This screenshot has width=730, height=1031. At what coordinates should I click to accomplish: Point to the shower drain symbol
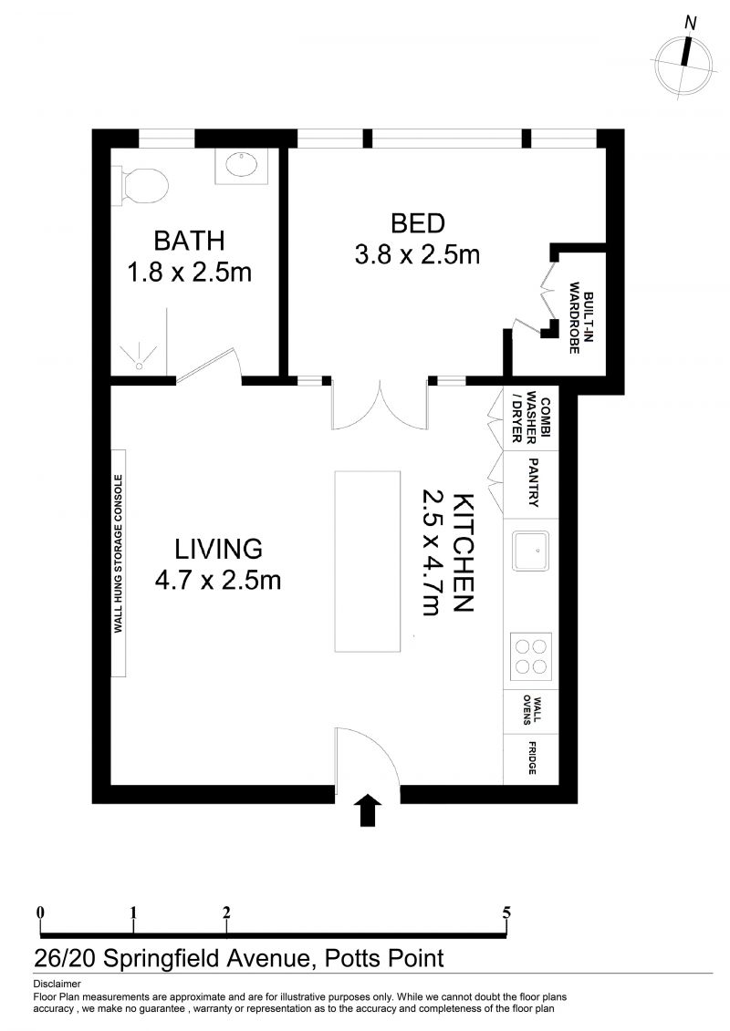(140, 366)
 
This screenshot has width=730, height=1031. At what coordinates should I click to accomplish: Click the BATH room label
(189, 241)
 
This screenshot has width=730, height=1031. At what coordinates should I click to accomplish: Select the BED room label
(418, 223)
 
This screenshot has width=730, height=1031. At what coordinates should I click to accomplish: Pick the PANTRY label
(533, 482)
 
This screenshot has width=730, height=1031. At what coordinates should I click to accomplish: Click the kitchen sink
(531, 551)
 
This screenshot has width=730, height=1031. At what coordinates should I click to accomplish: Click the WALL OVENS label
(532, 710)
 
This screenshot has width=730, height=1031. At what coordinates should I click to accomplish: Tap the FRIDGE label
(531, 758)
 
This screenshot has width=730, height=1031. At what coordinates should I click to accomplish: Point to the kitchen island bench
(368, 562)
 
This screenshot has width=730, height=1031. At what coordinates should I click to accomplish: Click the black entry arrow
(368, 809)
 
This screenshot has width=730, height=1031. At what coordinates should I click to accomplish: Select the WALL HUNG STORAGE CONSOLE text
(119, 553)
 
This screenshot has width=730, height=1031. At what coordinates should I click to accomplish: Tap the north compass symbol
(684, 58)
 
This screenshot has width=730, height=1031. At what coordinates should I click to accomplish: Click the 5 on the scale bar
(506, 912)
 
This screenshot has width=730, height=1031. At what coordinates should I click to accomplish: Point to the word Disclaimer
(57, 985)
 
